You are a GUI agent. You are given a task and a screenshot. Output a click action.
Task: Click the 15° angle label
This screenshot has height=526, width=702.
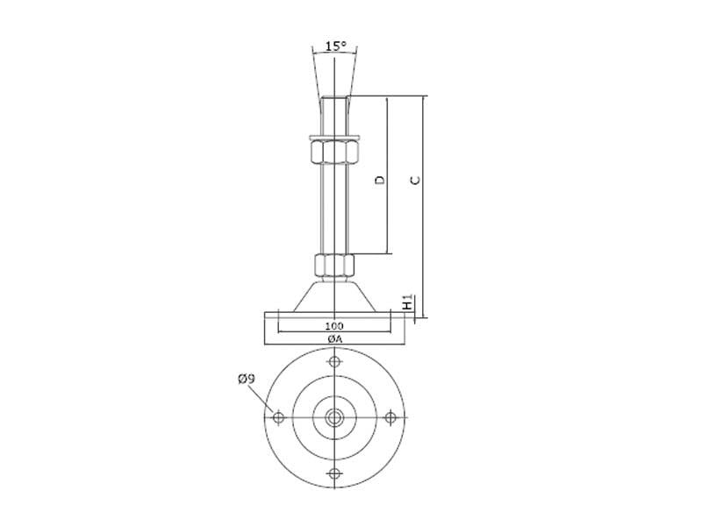(x=336, y=46)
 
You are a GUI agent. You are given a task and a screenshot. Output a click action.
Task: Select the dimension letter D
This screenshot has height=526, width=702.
(x=380, y=180)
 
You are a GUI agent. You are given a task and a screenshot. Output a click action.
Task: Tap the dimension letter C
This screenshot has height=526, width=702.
(x=416, y=181)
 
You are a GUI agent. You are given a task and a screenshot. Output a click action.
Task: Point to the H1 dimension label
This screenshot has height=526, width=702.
(x=407, y=302)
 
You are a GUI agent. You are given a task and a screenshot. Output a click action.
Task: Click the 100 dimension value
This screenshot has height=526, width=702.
(x=334, y=326)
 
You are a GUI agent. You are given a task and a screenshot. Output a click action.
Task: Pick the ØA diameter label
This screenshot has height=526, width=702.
(x=334, y=339)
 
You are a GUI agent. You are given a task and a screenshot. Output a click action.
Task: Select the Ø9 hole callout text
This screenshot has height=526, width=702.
(x=247, y=380)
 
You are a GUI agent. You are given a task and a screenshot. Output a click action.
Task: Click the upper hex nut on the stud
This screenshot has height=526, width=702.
(x=334, y=152)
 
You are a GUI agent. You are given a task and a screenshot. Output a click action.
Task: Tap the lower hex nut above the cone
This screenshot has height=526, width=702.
(x=334, y=266)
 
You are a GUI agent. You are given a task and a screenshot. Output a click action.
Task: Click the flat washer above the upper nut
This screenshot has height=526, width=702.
(x=334, y=137)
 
